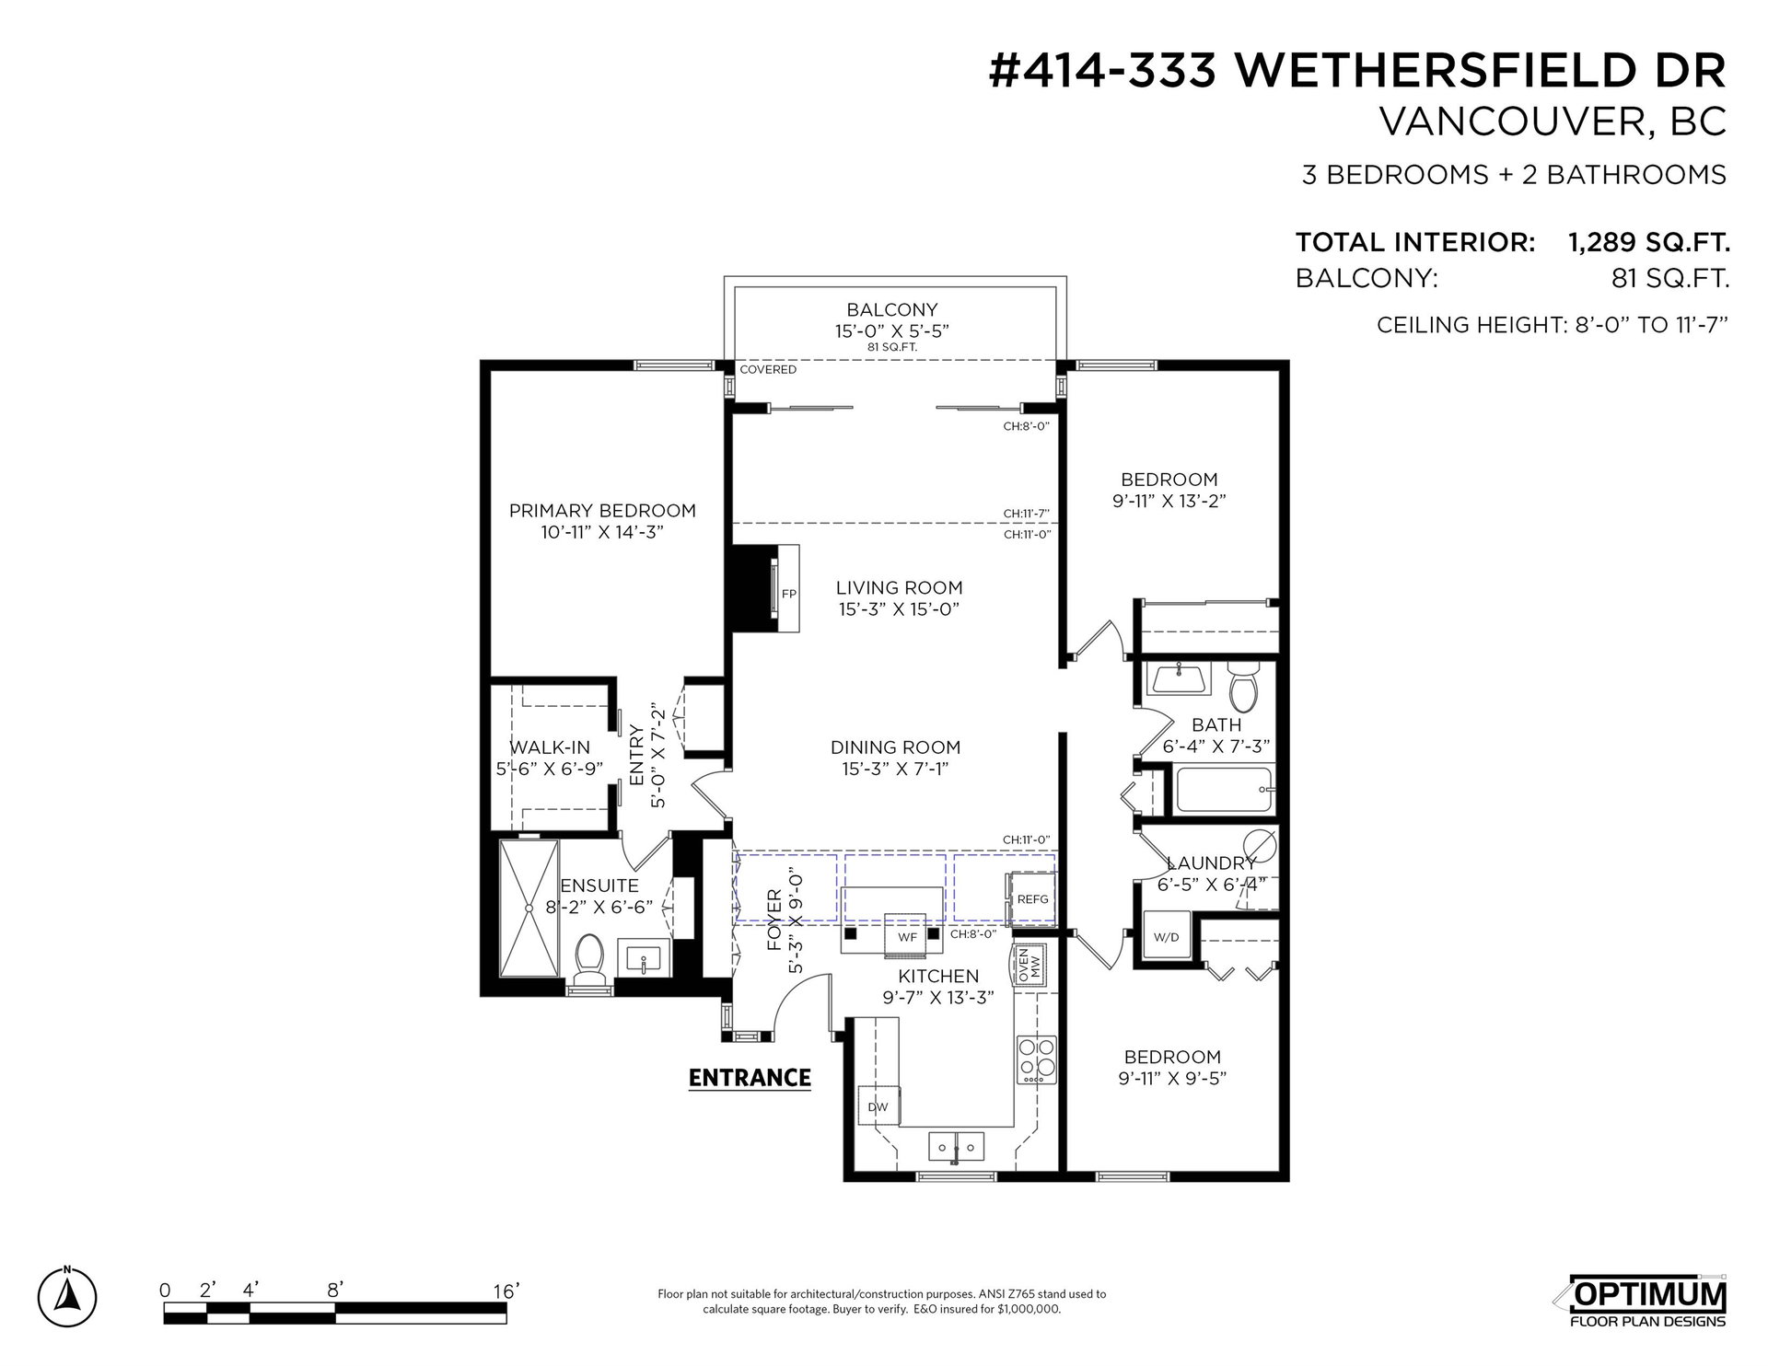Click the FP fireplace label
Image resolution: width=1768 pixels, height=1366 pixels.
tap(788, 594)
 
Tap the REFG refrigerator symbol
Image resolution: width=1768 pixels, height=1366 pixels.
tap(1031, 897)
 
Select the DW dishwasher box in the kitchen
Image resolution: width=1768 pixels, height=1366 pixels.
tap(878, 1106)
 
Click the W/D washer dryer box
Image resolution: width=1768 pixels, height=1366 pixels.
tap(1166, 937)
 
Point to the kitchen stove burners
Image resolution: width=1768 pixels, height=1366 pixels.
tap(1035, 1058)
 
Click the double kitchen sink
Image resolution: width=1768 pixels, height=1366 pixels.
tap(957, 1147)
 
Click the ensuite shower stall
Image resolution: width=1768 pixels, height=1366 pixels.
tap(528, 908)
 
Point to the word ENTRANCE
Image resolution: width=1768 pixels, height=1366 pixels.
tap(750, 1077)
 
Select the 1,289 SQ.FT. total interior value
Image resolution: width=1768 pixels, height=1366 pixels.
tap(1648, 242)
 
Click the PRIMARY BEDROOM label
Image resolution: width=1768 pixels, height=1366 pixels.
tap(602, 510)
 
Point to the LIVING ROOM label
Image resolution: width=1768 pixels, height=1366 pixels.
tap(899, 587)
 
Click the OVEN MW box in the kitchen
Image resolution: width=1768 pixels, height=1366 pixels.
tap(1030, 965)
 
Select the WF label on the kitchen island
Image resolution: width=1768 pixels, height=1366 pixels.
tap(907, 937)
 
